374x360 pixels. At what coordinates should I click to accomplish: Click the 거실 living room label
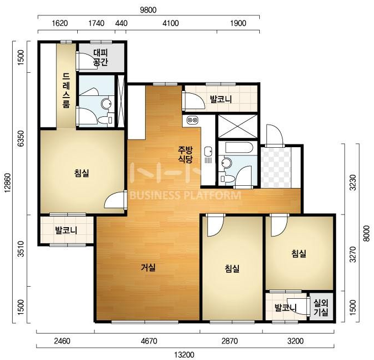148,268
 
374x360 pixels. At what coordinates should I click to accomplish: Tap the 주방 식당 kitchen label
185,154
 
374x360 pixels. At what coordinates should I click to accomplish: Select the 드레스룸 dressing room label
66,90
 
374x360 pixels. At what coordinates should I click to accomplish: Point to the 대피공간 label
100,57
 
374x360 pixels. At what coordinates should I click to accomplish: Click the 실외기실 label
321,308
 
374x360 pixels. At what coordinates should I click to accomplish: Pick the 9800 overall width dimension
148,10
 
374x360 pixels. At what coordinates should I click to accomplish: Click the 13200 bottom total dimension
184,355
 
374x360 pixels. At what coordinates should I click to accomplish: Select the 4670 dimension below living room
149,341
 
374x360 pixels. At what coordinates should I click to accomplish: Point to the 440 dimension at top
121,23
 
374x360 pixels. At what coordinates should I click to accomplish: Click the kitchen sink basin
208,151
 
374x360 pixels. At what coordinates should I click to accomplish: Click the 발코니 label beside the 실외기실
285,308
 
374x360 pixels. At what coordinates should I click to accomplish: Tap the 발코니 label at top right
221,99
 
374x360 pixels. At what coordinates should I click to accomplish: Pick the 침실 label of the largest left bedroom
82,173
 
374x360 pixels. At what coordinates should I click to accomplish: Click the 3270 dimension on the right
353,254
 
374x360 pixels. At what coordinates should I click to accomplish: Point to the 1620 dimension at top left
60,23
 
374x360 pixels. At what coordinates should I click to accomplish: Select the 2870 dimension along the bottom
229,341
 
